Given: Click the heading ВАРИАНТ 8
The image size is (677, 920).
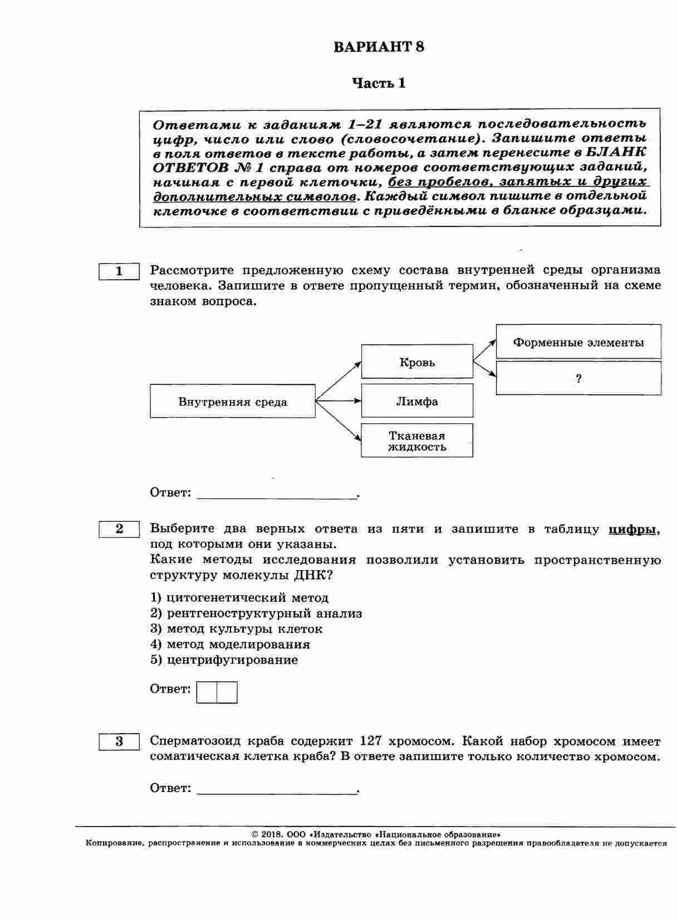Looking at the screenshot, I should click(x=379, y=47).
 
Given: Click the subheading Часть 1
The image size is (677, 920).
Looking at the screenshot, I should click(x=379, y=83).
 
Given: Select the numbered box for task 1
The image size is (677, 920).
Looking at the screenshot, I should click(x=119, y=271).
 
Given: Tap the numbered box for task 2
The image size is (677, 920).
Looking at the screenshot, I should click(x=119, y=529).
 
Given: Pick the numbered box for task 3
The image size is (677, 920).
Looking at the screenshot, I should click(x=119, y=741).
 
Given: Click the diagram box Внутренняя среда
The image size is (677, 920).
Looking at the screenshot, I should click(x=233, y=402).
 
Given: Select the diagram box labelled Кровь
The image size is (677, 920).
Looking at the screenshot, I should click(x=417, y=363).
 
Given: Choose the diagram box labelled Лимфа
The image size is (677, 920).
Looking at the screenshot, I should click(x=417, y=401).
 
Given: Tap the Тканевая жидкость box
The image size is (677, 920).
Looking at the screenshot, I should click(x=417, y=441).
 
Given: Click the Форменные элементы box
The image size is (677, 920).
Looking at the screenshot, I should click(x=578, y=342).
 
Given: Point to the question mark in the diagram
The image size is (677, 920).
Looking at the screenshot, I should click(x=578, y=379).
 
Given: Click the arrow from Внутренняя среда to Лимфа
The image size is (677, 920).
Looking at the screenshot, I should click(x=338, y=400).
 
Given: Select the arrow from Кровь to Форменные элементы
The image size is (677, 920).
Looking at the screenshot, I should click(x=484, y=350).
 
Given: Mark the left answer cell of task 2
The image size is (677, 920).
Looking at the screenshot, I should click(x=207, y=693).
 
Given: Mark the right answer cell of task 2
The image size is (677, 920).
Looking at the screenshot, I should click(x=227, y=693).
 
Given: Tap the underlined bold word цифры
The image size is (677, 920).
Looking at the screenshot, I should click(x=632, y=530).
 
